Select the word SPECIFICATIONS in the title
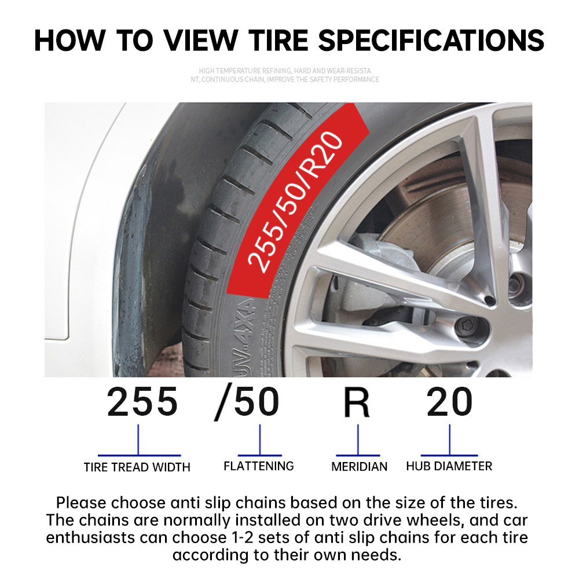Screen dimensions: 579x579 [x=431, y=40]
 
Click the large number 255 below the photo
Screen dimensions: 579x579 [x=142, y=402]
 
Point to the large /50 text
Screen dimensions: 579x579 [x=247, y=402]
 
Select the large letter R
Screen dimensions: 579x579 [x=357, y=402]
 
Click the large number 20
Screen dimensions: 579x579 [x=449, y=402]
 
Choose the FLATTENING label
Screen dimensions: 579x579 [x=259, y=466]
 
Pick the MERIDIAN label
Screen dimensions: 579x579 [x=359, y=467]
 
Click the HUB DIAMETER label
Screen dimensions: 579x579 [x=449, y=466]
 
